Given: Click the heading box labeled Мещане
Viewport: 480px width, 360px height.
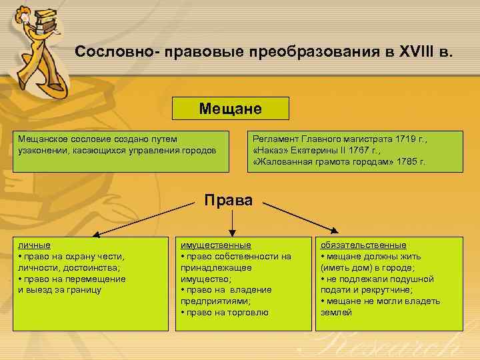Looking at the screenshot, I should [231, 108].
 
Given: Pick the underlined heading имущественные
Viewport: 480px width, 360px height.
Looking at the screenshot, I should [215, 245].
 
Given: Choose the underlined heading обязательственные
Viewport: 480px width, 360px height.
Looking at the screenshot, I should [363, 245].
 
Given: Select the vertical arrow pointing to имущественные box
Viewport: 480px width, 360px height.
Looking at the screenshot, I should [231, 220].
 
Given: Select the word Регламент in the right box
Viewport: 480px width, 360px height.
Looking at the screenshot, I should [275, 139].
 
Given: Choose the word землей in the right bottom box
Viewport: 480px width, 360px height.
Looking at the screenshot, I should [337, 312].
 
